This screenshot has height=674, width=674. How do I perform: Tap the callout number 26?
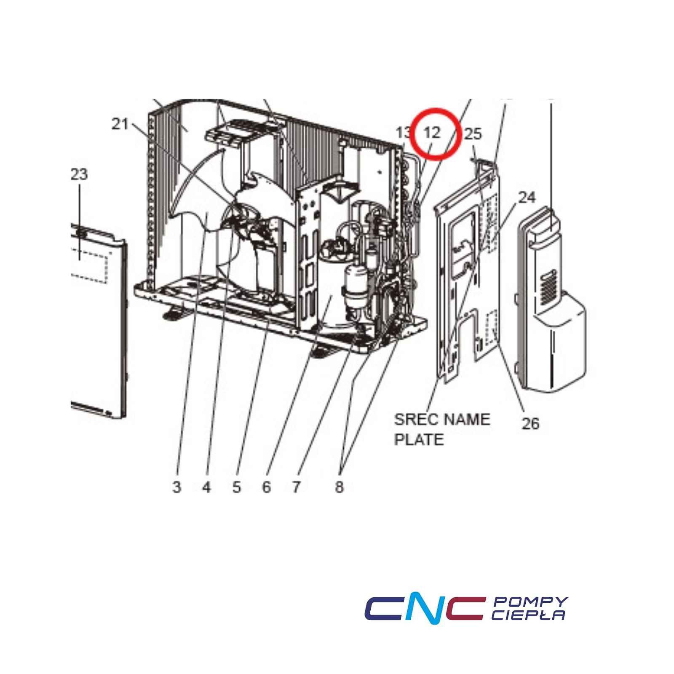[531, 423]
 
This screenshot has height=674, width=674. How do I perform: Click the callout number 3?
[177, 487]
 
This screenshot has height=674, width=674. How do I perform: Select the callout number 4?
[206, 487]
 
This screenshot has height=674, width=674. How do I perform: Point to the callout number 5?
[236, 487]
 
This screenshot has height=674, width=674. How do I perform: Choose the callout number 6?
[266, 487]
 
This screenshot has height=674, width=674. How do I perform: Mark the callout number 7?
[296, 487]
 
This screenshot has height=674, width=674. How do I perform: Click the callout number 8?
[340, 487]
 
